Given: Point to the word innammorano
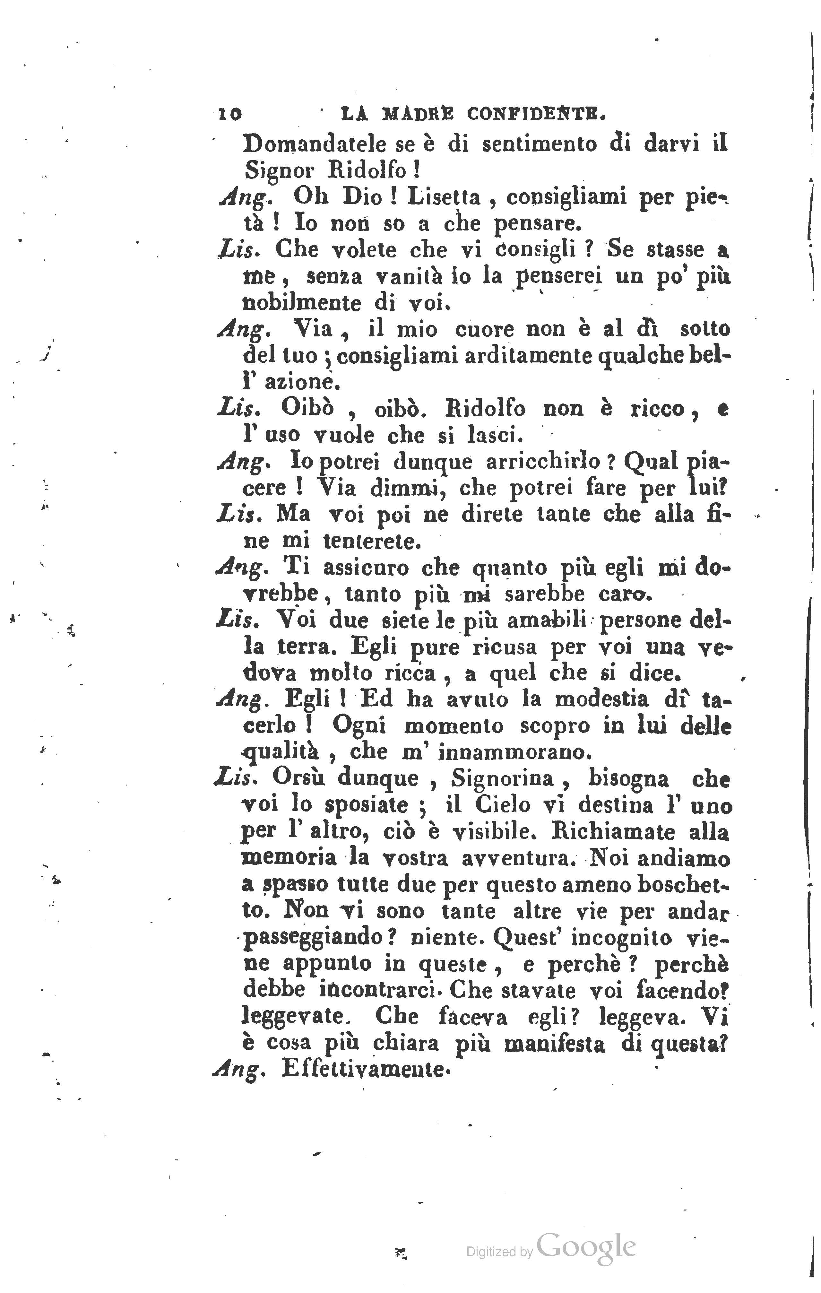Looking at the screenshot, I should click(514, 753).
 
